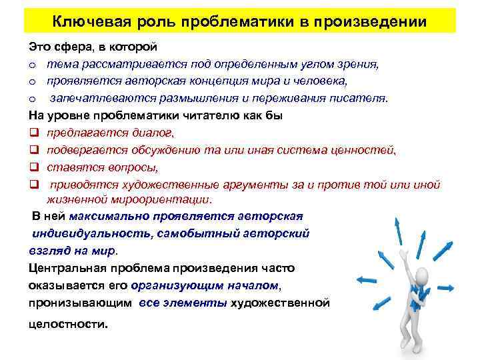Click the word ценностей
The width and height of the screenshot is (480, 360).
point(367,149)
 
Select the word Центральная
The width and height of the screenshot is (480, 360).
point(63,268)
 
